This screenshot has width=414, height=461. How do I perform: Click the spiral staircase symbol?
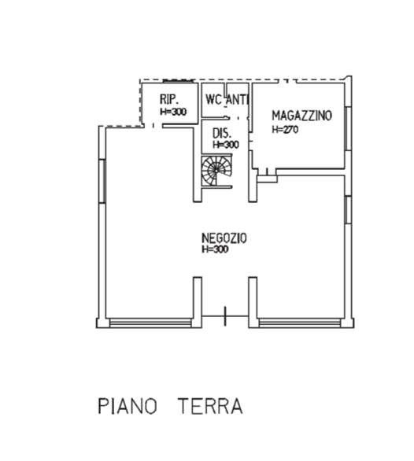(x=216, y=171)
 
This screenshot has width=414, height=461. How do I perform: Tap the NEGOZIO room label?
(x=224, y=238)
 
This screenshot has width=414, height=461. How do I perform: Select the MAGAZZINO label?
(x=302, y=116)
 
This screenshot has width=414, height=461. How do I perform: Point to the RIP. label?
(x=169, y=99)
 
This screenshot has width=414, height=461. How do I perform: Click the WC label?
(x=213, y=99)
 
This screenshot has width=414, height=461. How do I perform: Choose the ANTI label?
(x=238, y=99)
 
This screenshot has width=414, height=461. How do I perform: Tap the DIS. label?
(x=222, y=134)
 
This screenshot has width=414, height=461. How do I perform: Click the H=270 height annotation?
(x=285, y=130)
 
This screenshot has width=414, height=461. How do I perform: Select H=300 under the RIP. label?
(x=173, y=112)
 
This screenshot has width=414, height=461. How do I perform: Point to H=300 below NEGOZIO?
(x=215, y=249)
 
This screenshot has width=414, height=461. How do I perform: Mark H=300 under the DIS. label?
(x=226, y=145)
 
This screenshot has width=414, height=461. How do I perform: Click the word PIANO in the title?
(x=128, y=406)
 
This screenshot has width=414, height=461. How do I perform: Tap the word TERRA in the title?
(x=210, y=406)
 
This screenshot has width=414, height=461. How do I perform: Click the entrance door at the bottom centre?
(x=225, y=316)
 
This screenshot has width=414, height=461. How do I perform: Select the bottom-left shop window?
(x=150, y=323)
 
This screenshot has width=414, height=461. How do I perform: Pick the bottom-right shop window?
(x=300, y=323)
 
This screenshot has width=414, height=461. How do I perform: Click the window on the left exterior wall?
(x=102, y=181)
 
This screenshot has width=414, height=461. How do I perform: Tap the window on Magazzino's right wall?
(x=348, y=129)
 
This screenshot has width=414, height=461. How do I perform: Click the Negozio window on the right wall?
(x=348, y=210)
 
